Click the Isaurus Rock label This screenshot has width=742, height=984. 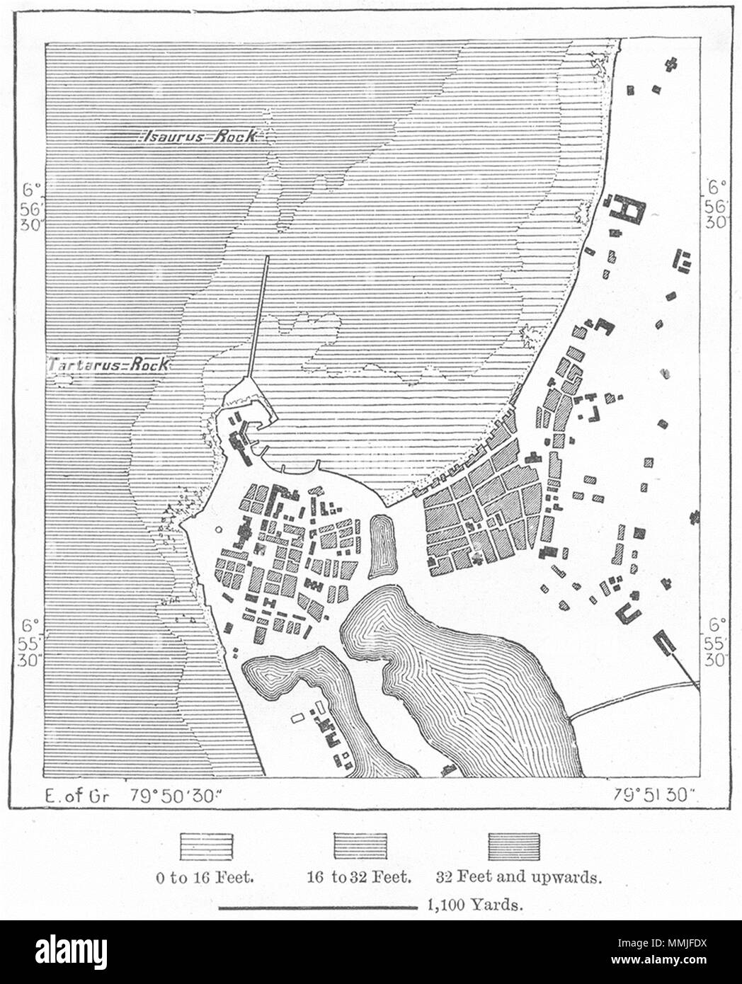coord(200,137)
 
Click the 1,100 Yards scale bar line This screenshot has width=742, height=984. coord(316,906)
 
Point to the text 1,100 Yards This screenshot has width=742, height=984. coord(475,904)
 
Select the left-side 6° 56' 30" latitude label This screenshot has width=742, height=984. coord(30,206)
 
